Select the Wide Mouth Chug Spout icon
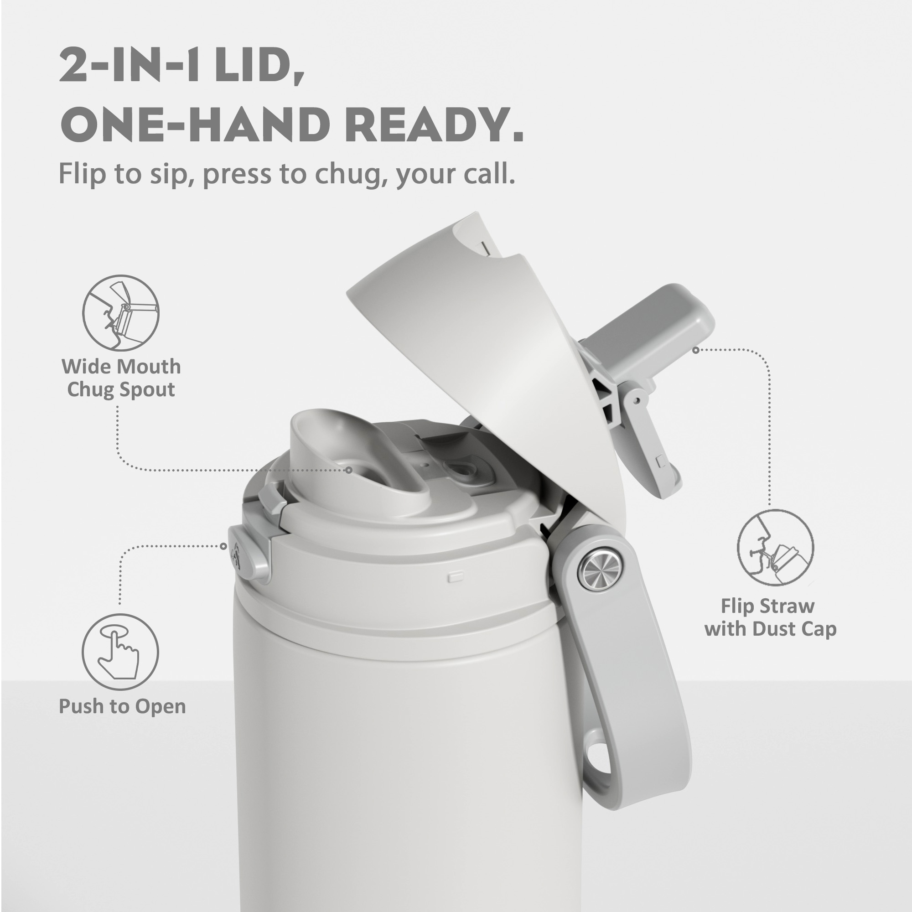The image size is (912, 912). tap(121, 313)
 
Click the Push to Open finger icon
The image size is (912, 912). tap(120, 652)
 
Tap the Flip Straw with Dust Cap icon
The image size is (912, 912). tap(775, 548)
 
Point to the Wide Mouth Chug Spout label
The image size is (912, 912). tap(121, 378)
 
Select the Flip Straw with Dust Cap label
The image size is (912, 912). tap(770, 617)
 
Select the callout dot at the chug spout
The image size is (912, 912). tap(349, 470)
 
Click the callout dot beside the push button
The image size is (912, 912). tap(224, 546)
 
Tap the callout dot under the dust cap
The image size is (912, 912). tap(695, 350)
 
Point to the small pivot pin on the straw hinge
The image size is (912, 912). tap(636, 400)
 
